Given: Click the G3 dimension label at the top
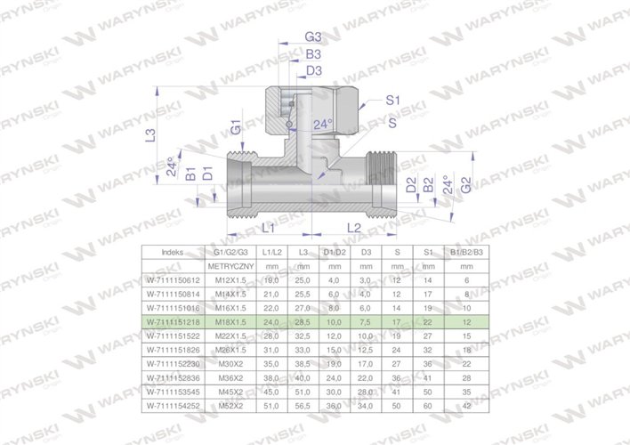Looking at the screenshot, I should (x=312, y=37).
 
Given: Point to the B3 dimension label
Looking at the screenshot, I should (x=312, y=54).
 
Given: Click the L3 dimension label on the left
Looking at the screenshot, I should (x=151, y=134).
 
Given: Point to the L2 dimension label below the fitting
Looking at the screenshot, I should (x=354, y=229).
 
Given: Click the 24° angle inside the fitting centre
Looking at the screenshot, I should (x=324, y=125).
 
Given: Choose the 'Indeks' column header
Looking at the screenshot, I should (x=174, y=253).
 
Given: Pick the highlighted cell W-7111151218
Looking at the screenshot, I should (x=174, y=320).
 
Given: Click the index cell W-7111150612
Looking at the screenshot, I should (x=174, y=279).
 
